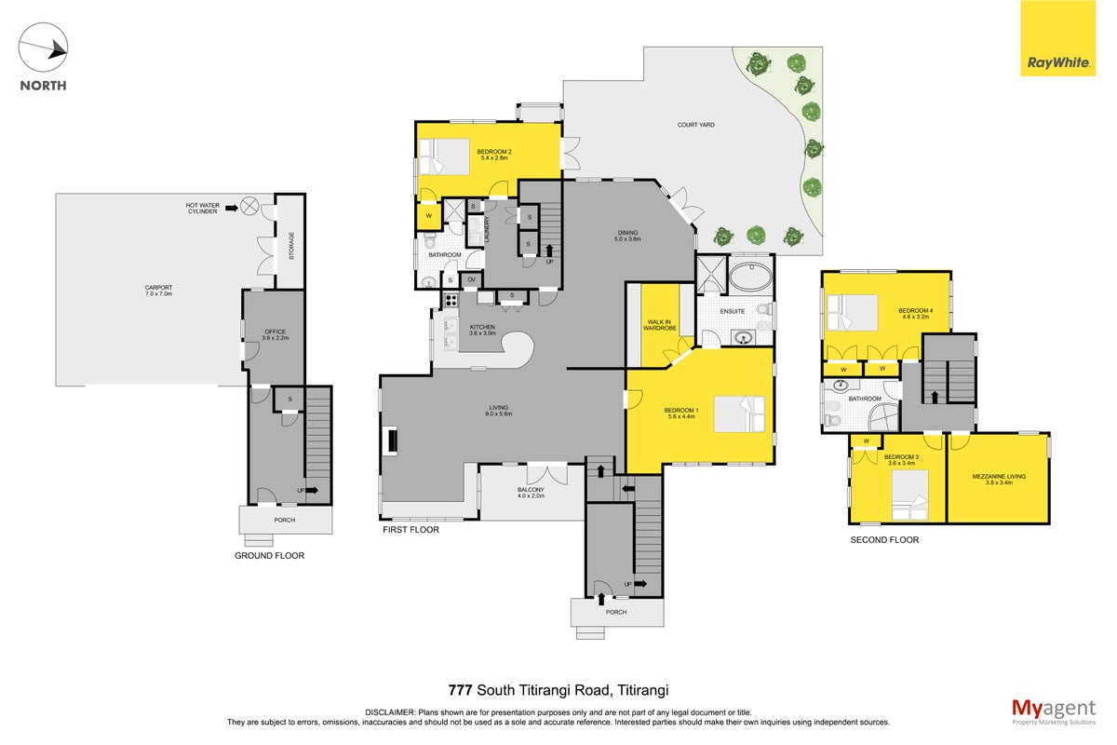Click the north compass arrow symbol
(43, 47)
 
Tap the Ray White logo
(1057, 38)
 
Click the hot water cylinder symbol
(249, 206)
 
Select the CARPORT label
(158, 288)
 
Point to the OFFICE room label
(276, 332)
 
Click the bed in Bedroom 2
(444, 156)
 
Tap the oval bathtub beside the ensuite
(751, 276)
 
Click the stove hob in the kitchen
(451, 300)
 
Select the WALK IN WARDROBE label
(659, 325)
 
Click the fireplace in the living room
(392, 440)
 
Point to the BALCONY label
(531, 490)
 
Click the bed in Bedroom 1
(739, 413)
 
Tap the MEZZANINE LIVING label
(999, 476)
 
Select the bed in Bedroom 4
(853, 312)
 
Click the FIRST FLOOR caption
(410, 530)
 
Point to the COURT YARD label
(695, 125)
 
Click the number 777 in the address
(460, 690)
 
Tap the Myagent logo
(1054, 711)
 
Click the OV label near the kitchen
(471, 279)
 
